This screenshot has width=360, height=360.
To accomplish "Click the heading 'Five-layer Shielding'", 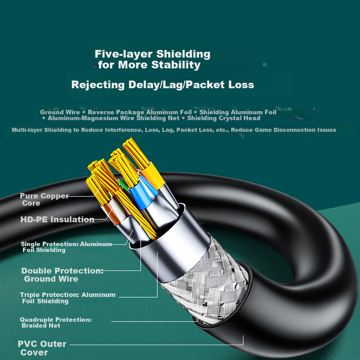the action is click(153, 54).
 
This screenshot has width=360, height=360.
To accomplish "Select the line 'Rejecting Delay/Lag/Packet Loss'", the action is click(162, 85).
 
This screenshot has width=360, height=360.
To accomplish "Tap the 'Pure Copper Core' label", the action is click(44, 199).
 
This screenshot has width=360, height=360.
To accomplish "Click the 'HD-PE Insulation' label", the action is click(57, 219).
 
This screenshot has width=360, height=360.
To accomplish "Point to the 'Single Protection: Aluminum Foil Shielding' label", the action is click(66, 247).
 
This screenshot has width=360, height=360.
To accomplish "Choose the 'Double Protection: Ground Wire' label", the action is click(62, 275).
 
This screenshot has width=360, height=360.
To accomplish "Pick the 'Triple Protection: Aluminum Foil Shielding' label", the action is click(68, 298).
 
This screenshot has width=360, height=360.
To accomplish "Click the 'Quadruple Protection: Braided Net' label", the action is click(55, 322).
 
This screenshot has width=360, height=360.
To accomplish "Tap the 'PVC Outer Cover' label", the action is click(42, 348).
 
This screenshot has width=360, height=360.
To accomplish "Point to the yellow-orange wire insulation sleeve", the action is click(152, 175).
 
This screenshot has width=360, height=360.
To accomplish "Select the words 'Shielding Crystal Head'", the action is click(223, 118).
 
